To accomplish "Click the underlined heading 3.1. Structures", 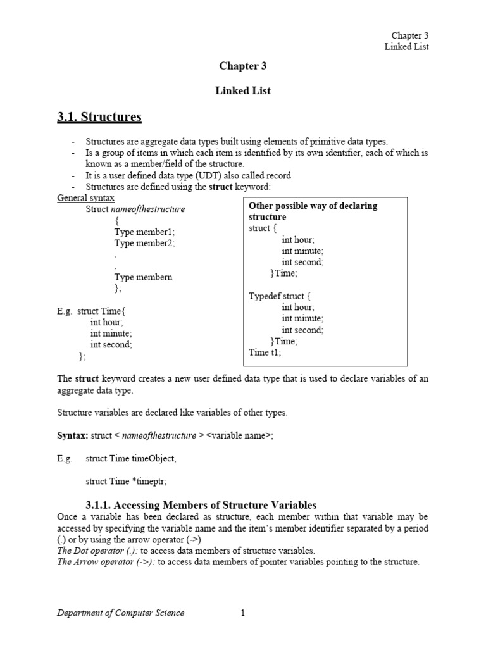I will point(99,117).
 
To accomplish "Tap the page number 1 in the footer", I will point(242,613).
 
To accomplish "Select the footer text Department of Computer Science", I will point(121,613).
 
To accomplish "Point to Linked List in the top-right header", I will point(407,47).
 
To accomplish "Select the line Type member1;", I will point(144,232).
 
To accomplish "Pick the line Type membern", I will point(143,277).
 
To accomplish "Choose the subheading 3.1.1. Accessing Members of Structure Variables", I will point(201,504).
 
